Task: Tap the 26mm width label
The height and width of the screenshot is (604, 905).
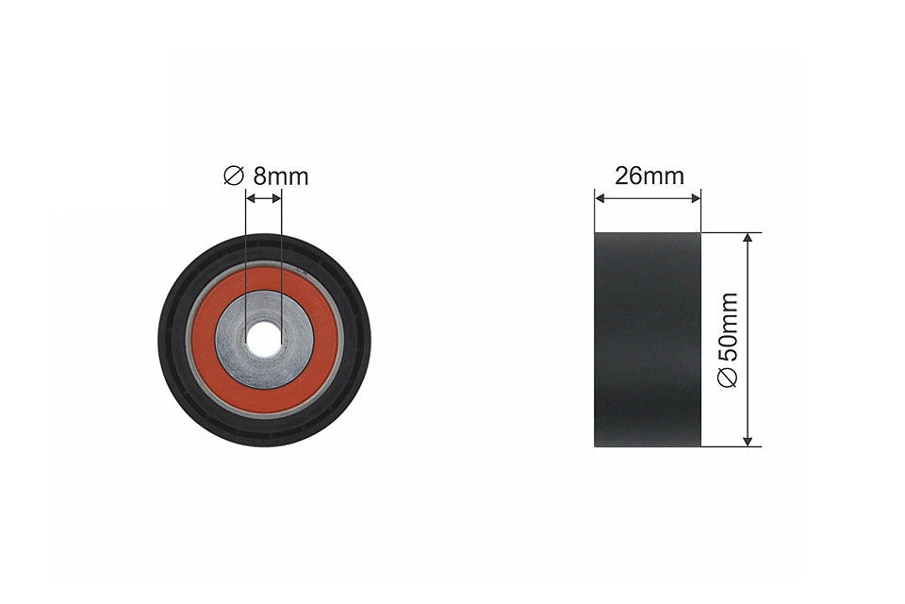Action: click(x=649, y=176)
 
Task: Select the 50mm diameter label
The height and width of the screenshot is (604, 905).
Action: click(x=727, y=340)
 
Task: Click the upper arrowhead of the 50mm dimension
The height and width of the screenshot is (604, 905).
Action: click(x=749, y=239)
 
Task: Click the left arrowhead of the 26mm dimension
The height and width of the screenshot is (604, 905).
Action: click(x=601, y=198)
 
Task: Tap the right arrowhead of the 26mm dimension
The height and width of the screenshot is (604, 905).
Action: click(x=696, y=198)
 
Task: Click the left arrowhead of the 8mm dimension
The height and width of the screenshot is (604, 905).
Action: click(x=251, y=198)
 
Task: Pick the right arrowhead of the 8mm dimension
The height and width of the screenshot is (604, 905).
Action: click(x=276, y=198)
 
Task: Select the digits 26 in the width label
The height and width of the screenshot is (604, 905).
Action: click(x=628, y=176)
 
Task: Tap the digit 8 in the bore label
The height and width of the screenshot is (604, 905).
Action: click(x=260, y=176)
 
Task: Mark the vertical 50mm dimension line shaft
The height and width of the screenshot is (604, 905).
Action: click(x=749, y=311)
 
